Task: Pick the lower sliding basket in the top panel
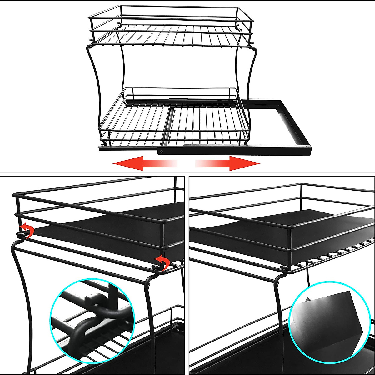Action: (x=175, y=122)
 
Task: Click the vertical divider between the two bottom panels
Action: (x=187, y=275)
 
